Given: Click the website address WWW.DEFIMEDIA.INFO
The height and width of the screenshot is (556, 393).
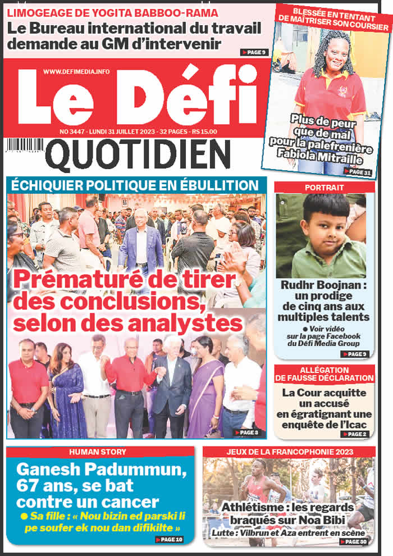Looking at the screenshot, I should [77, 71].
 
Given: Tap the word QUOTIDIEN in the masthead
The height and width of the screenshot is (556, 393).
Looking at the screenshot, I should [138, 156].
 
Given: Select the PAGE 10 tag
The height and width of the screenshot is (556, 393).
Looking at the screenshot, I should [169, 539].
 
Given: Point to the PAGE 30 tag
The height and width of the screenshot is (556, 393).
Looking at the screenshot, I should [354, 541].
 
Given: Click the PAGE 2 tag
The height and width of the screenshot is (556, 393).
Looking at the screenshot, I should [354, 434].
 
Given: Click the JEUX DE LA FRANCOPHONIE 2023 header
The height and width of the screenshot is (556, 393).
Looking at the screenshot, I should [289, 452].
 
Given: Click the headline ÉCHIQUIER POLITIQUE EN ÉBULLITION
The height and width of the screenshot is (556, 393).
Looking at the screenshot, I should [135, 185].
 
